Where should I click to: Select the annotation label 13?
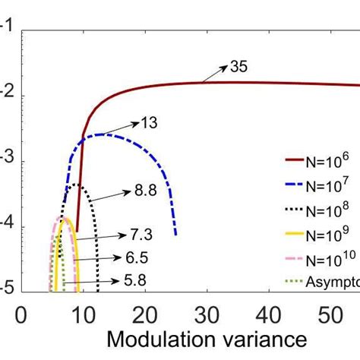click(149, 122)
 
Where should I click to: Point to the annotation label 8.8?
click(145, 191)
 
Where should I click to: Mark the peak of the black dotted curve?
click(75, 185)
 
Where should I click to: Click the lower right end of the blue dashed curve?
click(175, 235)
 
